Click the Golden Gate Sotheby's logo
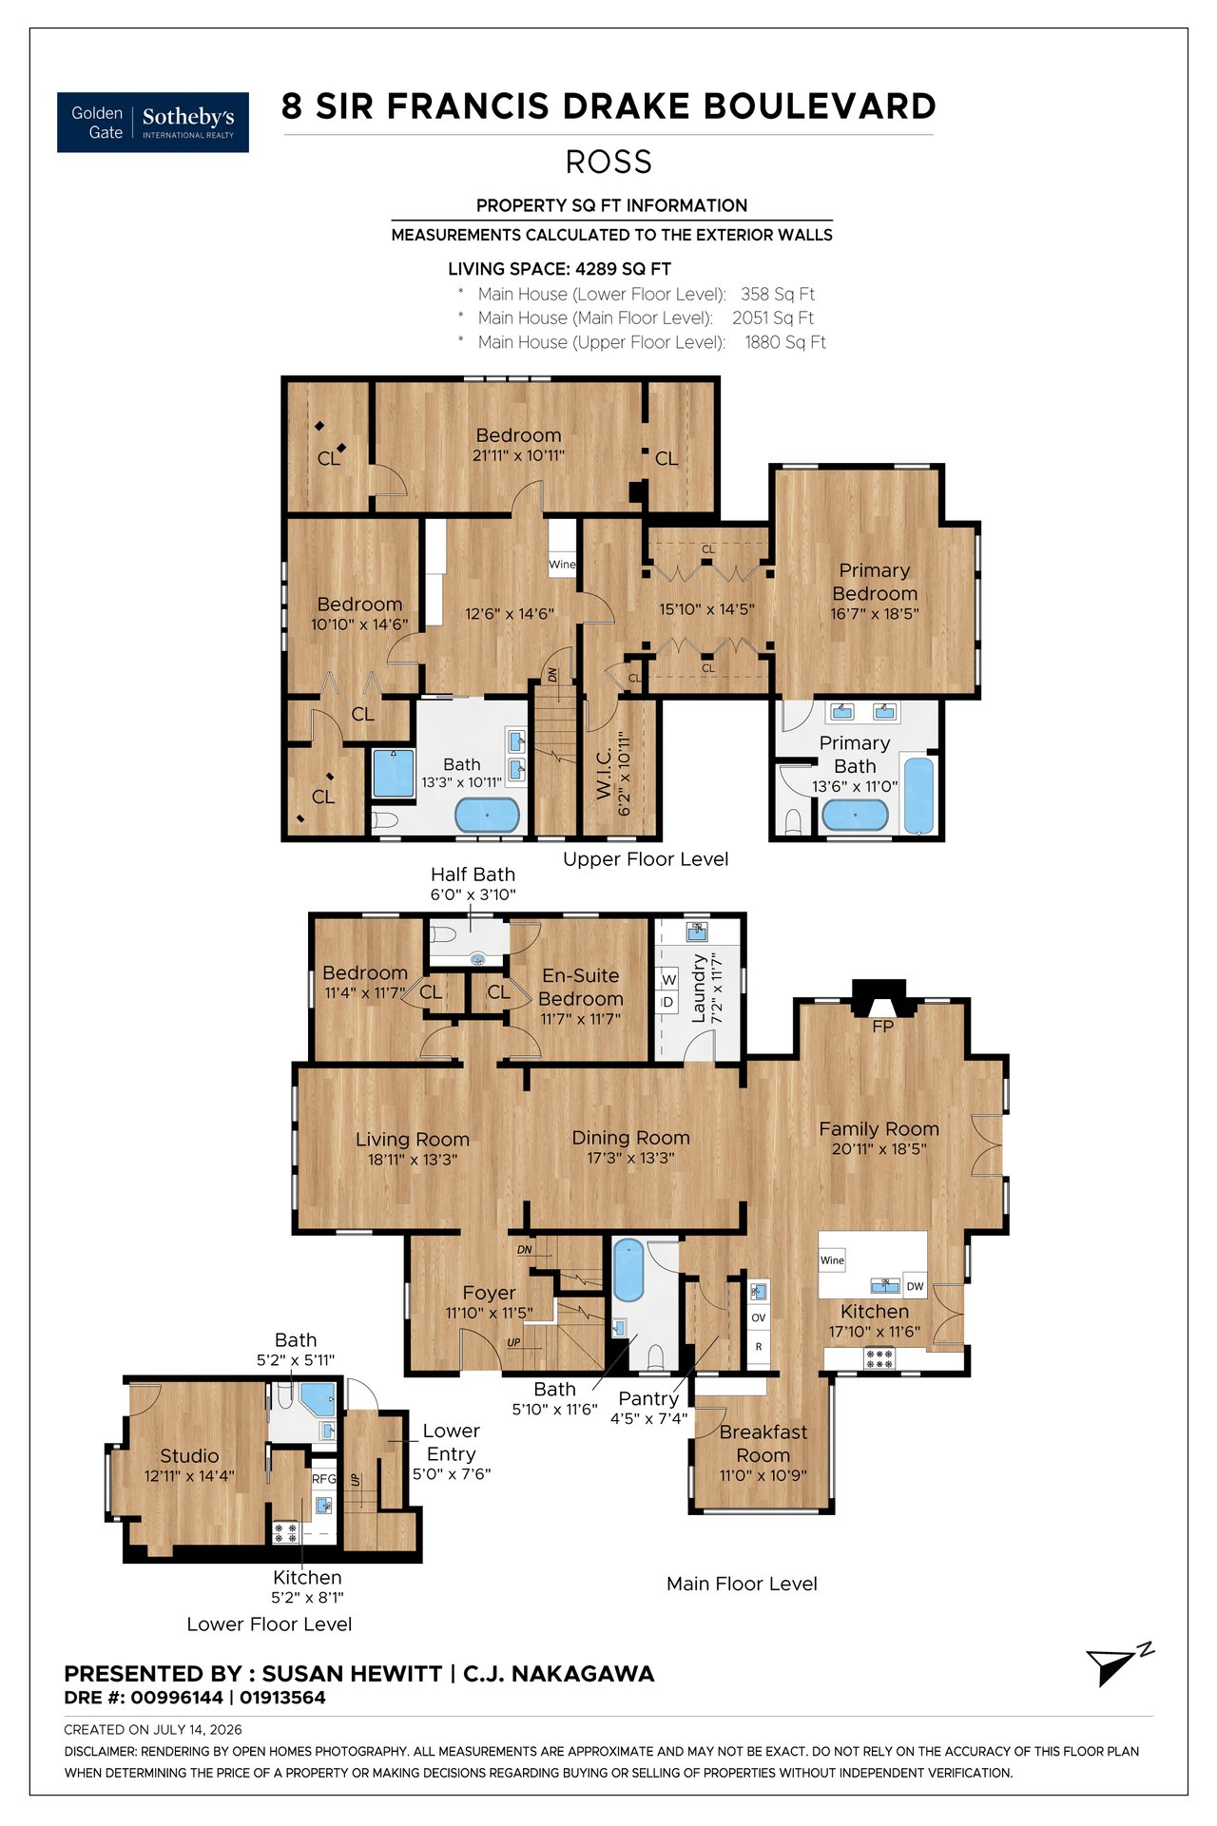tap(153, 123)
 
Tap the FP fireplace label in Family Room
tap(882, 1027)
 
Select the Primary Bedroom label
tap(875, 581)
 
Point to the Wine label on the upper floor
tap(562, 564)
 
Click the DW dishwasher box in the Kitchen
tap(915, 1286)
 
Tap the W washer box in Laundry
tap(668, 979)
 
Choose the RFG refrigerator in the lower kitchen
tap(324, 1479)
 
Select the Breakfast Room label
tap(763, 1443)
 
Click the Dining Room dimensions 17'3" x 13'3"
tap(630, 1158)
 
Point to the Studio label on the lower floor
tap(189, 1455)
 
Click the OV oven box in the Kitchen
tap(759, 1317)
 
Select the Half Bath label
tap(473, 874)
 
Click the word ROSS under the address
tap(608, 162)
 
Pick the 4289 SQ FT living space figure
tap(623, 269)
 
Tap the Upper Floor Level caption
tap(646, 859)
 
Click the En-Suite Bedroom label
tap(581, 987)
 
